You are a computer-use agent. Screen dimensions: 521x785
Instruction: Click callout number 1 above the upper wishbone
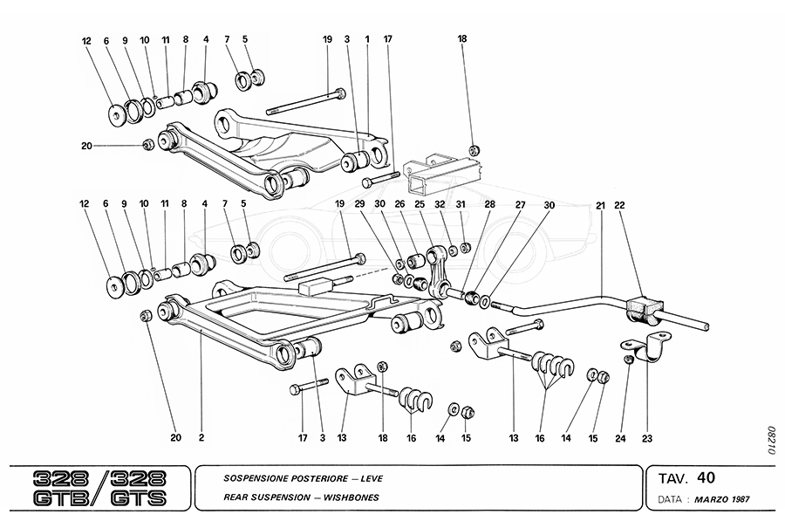[367, 39]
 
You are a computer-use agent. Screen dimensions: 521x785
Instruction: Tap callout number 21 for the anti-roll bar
[601, 206]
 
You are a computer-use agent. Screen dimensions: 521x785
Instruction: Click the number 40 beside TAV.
[706, 478]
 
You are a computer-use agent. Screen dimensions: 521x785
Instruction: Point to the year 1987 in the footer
[741, 500]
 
